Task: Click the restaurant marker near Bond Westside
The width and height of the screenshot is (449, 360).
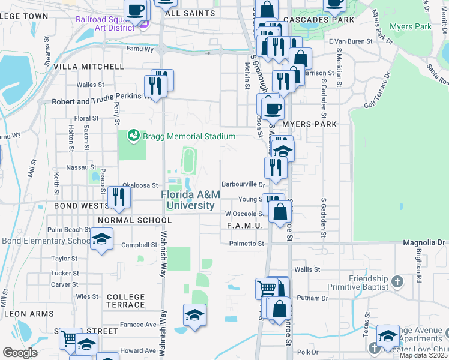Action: (119, 198)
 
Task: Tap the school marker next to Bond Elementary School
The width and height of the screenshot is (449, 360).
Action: (102, 241)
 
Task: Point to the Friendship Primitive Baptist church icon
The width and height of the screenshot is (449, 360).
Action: (396, 281)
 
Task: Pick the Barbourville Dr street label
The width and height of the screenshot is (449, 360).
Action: (243, 185)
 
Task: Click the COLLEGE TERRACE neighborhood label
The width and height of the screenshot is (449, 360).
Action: (125, 301)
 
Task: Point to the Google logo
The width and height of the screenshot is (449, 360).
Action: (20, 353)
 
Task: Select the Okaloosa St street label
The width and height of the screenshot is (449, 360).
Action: (140, 185)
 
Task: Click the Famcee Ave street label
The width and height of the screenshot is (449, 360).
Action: (138, 325)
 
